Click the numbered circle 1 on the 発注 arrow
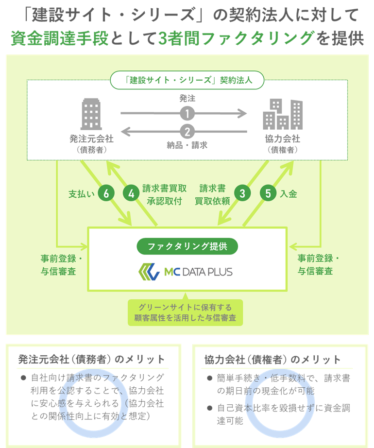[x=187, y=114]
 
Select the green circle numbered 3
[x=242, y=193]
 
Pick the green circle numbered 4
[x=131, y=193]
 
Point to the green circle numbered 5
[x=268, y=193]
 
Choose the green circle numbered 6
[x=106, y=193]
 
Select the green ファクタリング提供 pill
[x=187, y=246]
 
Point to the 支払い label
[x=81, y=194]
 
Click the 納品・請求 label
[x=187, y=145]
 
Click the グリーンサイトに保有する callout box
[x=187, y=313]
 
